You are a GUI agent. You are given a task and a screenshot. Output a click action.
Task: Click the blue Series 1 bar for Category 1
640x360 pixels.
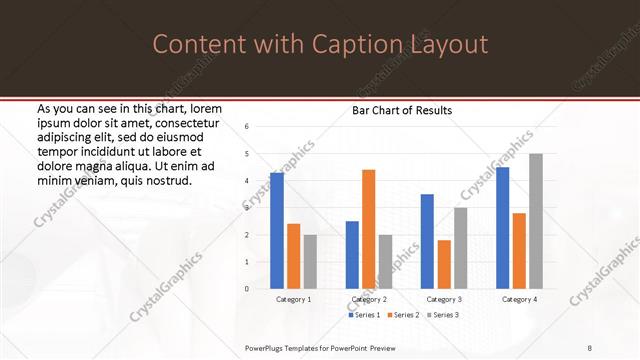click(277, 230)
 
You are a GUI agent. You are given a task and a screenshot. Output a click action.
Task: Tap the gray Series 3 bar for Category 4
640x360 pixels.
click(536, 221)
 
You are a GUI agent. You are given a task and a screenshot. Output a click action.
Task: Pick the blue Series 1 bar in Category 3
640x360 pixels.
click(427, 241)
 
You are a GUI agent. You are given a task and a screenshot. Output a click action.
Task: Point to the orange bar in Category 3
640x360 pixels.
click(444, 264)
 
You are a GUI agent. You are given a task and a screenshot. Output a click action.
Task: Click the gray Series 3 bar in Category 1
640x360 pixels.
click(310, 261)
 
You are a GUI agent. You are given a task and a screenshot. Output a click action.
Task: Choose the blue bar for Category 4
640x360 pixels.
click(502, 227)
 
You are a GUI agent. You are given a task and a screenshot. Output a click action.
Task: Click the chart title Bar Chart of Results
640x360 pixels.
click(401, 110)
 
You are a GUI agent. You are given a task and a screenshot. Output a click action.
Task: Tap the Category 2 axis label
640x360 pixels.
click(369, 299)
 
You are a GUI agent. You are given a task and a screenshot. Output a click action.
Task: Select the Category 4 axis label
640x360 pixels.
click(519, 299)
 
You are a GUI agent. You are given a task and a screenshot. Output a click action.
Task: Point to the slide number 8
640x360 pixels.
click(590, 348)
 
